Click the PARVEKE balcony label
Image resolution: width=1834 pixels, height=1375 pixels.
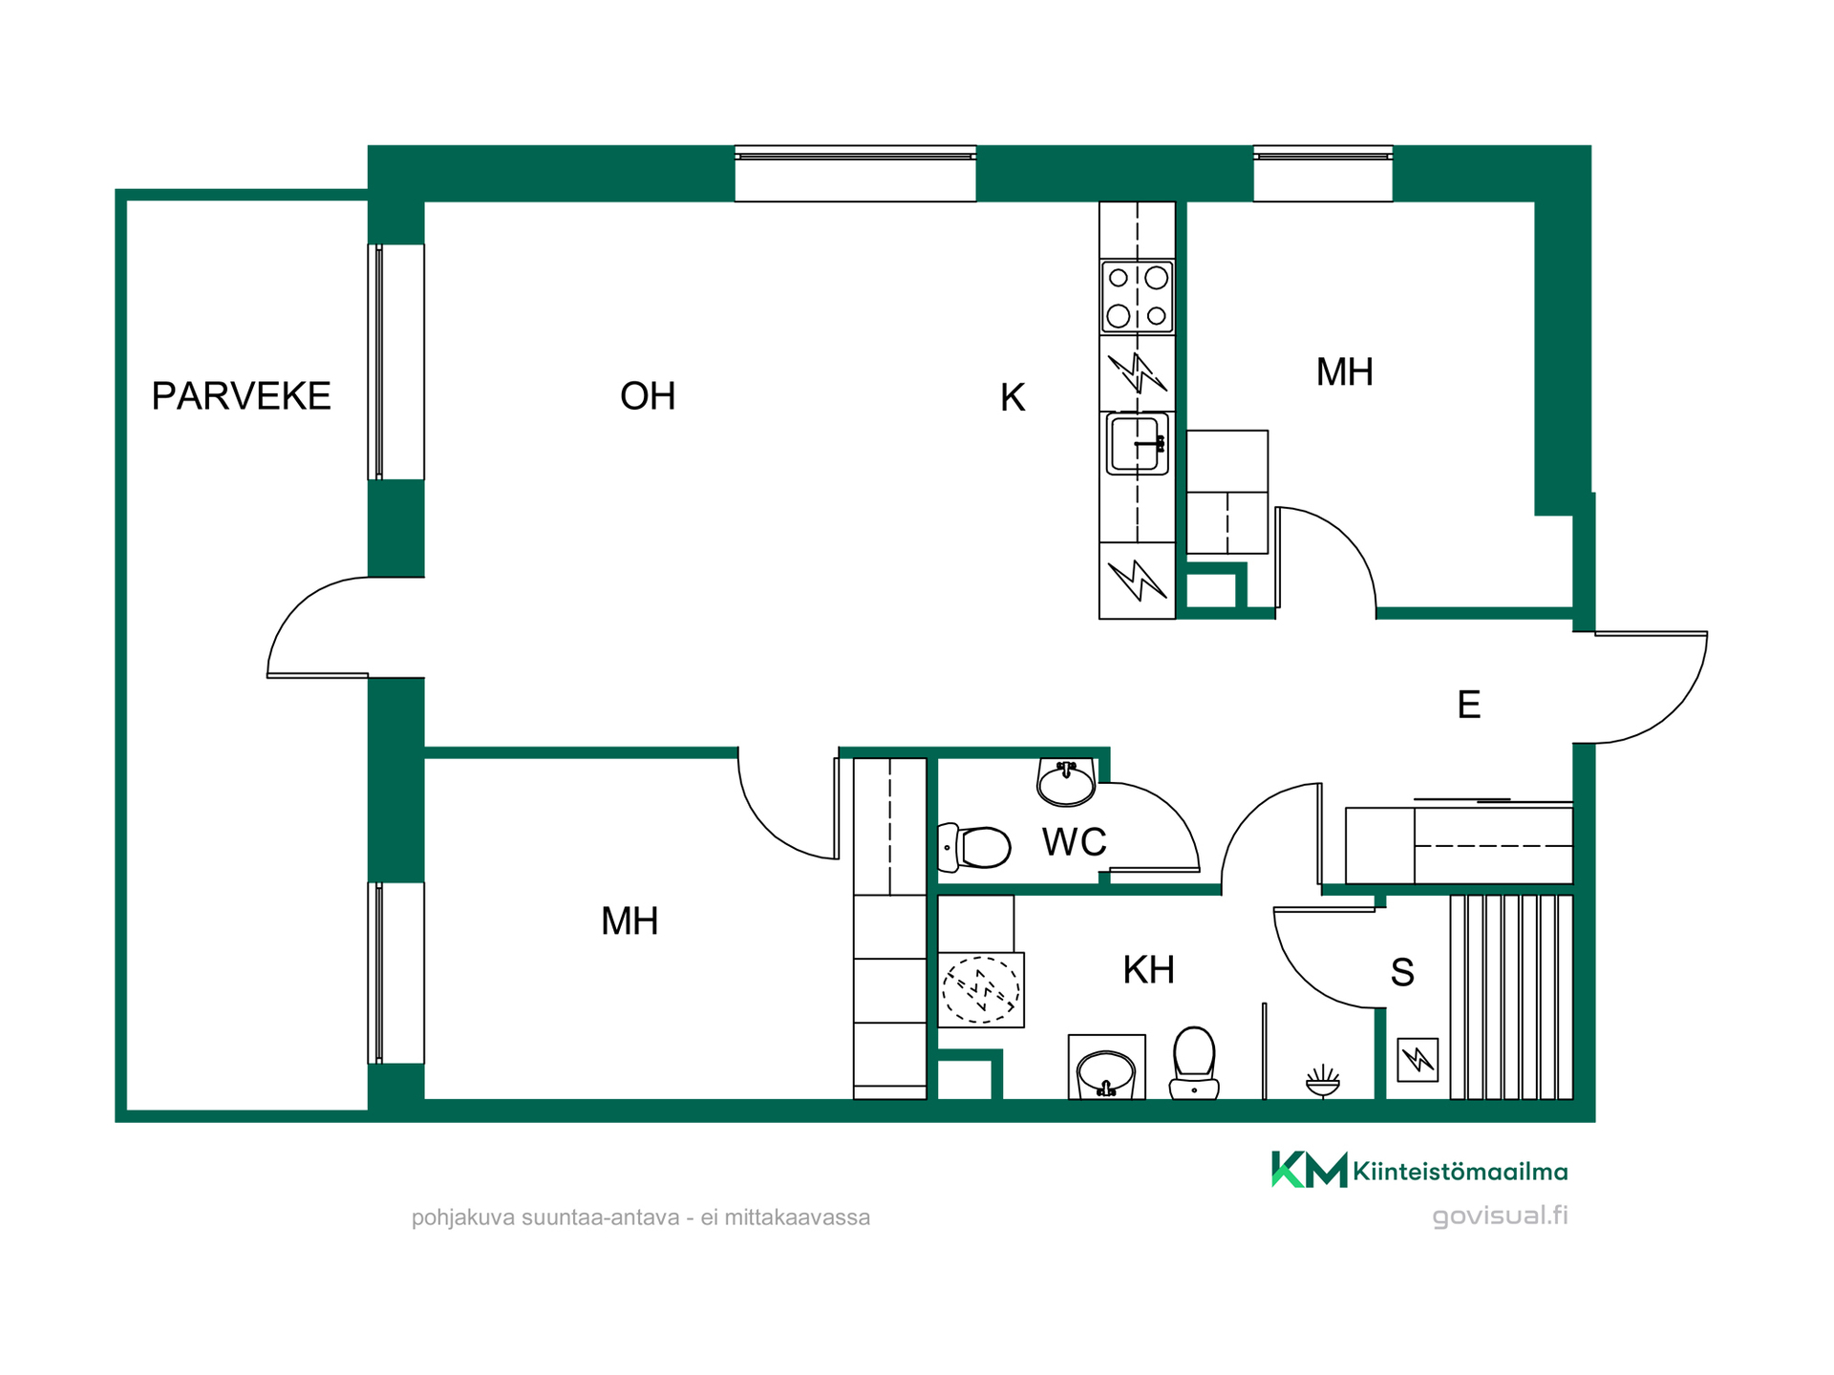click(241, 395)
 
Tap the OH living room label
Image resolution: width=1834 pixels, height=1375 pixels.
click(648, 395)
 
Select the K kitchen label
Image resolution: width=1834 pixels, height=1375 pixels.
click(1013, 397)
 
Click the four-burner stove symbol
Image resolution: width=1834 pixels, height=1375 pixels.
click(1137, 296)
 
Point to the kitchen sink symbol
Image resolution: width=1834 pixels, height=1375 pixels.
click(1137, 443)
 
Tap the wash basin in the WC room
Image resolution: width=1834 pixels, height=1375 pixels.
click(1066, 782)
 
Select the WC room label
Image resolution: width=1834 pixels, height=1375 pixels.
click(1074, 842)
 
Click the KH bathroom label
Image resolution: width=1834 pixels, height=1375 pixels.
click(1148, 969)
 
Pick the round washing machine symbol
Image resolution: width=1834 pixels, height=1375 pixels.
click(981, 989)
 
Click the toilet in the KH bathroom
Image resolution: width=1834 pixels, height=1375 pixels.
click(1194, 1063)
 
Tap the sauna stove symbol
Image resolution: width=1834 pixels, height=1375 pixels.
click(1418, 1060)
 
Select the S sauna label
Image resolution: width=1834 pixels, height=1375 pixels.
click(1402, 972)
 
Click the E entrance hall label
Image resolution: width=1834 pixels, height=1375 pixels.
click(1469, 705)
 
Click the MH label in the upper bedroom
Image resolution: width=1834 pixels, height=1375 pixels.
click(1345, 371)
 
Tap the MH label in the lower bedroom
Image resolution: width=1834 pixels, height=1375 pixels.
click(629, 920)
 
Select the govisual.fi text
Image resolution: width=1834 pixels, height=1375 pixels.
click(1500, 1216)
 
